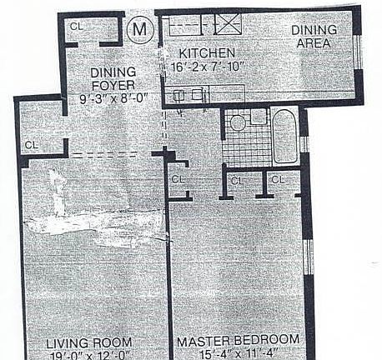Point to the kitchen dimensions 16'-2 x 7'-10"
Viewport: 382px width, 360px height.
[x=204, y=67]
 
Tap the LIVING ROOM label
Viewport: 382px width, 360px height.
[x=87, y=342]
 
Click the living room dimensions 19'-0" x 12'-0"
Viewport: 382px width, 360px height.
[x=87, y=355]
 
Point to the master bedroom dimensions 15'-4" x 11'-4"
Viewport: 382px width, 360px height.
[x=238, y=355]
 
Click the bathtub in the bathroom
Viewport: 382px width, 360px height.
[x=285, y=136]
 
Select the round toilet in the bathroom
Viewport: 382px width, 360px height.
[x=238, y=123]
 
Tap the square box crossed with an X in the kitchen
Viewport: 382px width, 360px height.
[x=226, y=23]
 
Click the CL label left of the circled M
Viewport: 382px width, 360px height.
[x=77, y=26]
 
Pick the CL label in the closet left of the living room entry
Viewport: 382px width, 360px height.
[x=32, y=145]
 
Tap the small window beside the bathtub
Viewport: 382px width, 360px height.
[x=304, y=143]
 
